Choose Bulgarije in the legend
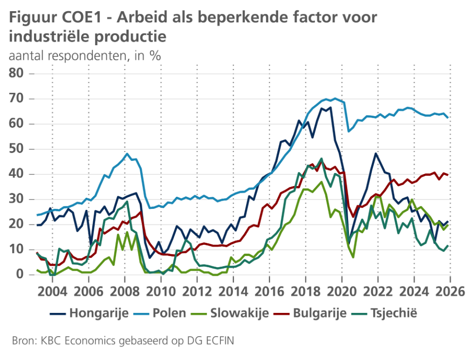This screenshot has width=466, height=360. [320, 313]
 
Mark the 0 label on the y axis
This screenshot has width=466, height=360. [19, 275]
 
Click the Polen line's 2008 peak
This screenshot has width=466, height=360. [127, 154]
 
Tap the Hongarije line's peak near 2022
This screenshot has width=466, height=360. [376, 154]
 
